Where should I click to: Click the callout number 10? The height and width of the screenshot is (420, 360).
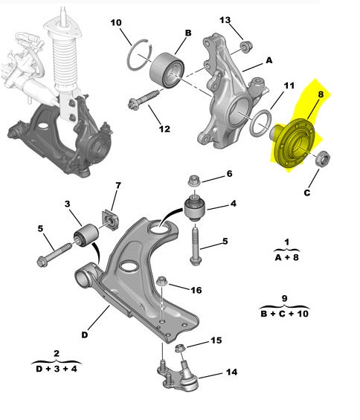point(116,22)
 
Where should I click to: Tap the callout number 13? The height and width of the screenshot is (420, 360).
point(225,20)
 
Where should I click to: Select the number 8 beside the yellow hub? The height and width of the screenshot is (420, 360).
point(321,94)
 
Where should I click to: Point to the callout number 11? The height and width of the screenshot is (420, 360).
point(289,85)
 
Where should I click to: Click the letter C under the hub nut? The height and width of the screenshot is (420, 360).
point(307,193)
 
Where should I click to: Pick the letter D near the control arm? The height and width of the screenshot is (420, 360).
point(85,335)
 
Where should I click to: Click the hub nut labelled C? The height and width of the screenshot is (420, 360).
point(323,158)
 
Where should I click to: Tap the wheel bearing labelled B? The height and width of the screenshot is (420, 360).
point(167,71)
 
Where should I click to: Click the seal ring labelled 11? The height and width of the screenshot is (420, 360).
point(261,123)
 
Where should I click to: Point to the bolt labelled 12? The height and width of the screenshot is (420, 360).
point(144,100)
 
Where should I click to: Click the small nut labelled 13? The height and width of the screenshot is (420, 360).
point(245,47)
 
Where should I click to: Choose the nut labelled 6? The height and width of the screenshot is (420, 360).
point(194,181)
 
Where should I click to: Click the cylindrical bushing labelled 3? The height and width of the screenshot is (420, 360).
point(86,235)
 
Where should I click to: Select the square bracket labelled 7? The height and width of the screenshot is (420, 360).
point(110,219)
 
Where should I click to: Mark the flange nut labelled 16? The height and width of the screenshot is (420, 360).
point(162,281)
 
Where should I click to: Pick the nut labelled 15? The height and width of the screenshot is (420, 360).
point(179,349)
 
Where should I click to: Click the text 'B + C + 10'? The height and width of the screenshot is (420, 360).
point(285,314)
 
